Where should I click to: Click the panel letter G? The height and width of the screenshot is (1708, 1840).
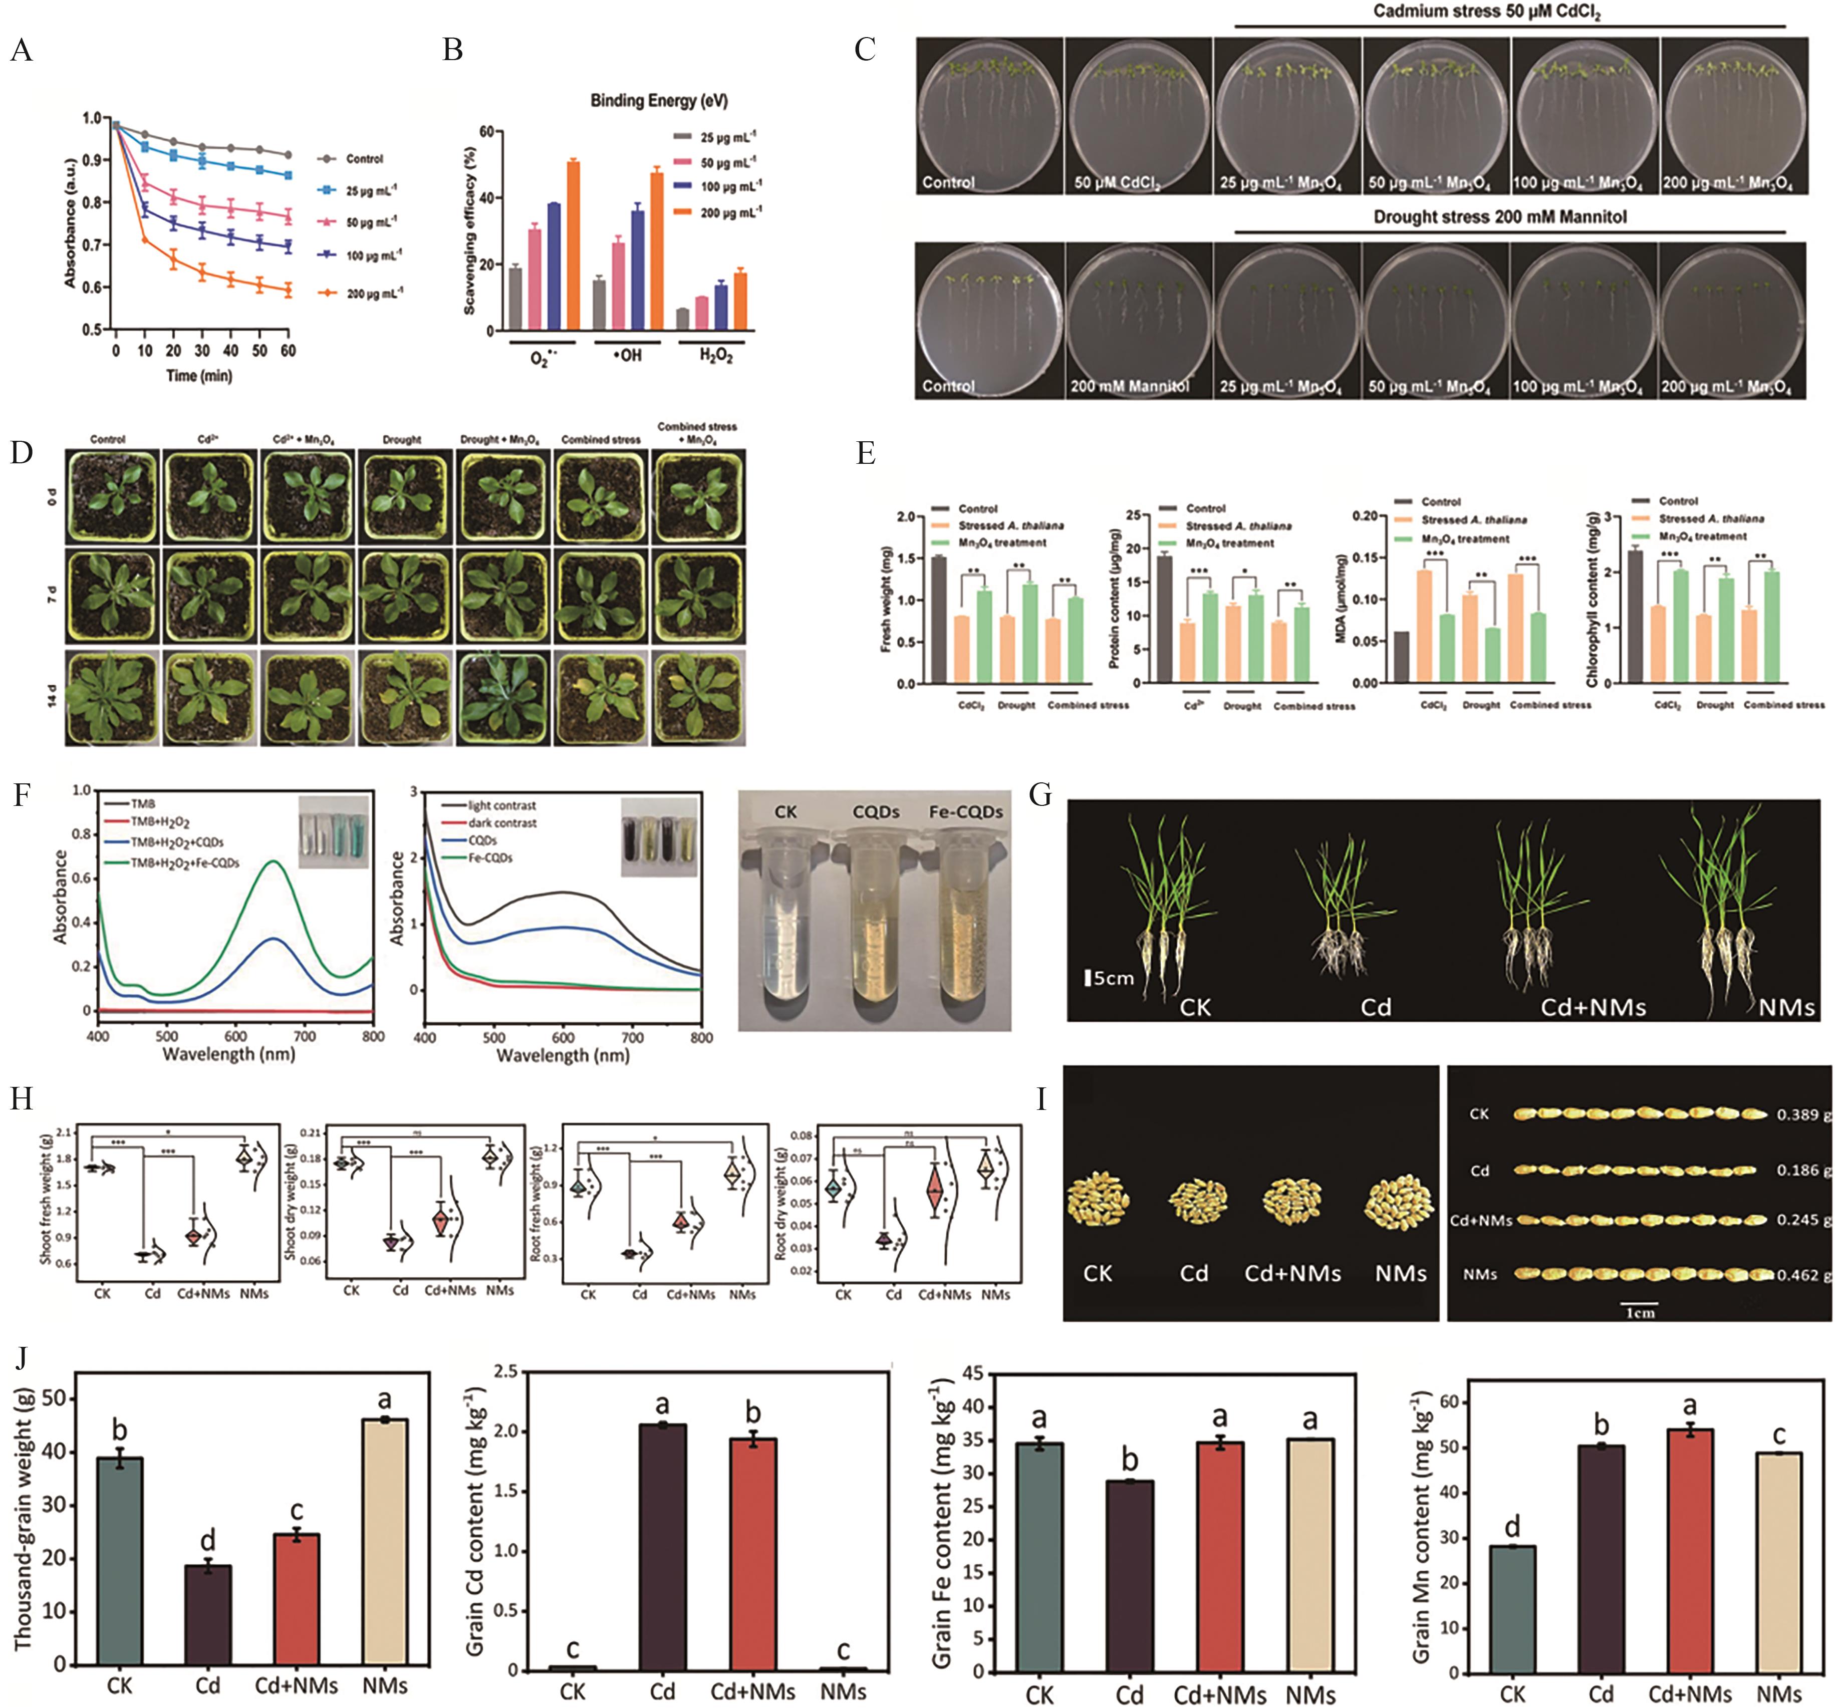pos(1040,795)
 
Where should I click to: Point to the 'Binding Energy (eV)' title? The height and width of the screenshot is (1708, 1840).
pos(659,101)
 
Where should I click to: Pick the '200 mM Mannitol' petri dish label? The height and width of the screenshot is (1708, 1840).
pos(1129,386)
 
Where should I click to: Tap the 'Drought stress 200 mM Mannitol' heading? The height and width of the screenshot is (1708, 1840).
pos(1499,217)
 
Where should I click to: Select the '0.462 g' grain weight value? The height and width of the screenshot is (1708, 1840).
pos(1801,1275)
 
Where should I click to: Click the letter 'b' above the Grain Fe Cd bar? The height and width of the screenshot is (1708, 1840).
pos(1129,1460)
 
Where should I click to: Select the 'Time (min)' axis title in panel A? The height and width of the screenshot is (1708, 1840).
pos(199,375)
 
